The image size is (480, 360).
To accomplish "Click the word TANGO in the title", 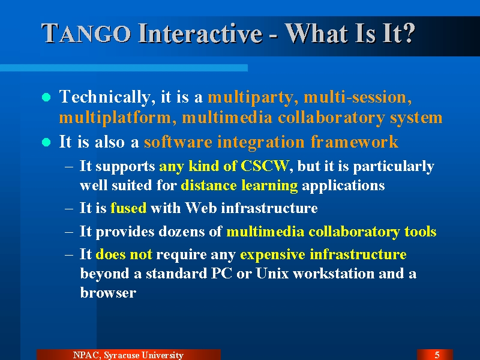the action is point(86,34).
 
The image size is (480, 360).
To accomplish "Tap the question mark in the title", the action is point(409,33).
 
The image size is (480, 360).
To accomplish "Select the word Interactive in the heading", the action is point(200,33).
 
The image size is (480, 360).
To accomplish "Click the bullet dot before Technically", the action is point(46,97).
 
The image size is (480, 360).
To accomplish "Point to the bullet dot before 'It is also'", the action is point(46,142).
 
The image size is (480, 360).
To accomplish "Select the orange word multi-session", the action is point(358,97).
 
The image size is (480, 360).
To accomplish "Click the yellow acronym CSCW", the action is point(265,166).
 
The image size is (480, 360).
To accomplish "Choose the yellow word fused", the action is point(128,208).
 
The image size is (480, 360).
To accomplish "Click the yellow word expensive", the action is point(272,254).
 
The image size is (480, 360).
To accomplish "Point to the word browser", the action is point(108,293).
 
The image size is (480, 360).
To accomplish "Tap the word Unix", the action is point(272,274).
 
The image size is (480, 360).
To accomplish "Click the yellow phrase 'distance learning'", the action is point(239,186).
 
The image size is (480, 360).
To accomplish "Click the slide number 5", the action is point(437,355).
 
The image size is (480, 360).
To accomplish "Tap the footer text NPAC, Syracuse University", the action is point(128,355).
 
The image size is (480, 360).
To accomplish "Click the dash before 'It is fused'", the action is point(69,209).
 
